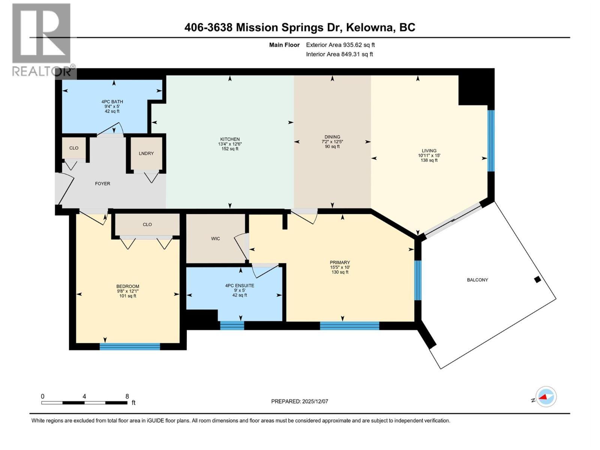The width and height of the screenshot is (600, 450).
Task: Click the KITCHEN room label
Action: point(230,139)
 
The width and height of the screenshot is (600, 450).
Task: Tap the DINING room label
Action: point(332,137)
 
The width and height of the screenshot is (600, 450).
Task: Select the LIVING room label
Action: point(429,151)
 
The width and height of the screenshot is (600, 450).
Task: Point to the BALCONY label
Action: point(477,280)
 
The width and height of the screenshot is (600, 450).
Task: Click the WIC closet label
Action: point(215,238)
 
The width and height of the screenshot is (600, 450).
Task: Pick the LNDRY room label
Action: point(146,153)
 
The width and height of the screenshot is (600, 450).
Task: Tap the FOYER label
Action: point(102,184)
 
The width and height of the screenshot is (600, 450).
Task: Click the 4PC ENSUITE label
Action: point(240,285)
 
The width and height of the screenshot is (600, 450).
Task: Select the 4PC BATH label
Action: point(112,102)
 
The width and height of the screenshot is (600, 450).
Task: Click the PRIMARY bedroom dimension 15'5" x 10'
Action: point(340,267)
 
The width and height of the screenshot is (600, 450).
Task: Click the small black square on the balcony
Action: point(537,279)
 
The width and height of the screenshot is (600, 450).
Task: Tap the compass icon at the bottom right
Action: point(546,396)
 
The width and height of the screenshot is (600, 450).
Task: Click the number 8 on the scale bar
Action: point(127,396)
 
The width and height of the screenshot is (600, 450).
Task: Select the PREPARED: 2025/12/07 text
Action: point(300,401)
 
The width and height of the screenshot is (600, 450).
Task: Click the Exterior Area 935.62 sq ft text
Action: point(340,45)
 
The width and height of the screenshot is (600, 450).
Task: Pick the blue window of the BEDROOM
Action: point(130,346)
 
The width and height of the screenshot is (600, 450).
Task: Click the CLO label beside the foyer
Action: point(74,148)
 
